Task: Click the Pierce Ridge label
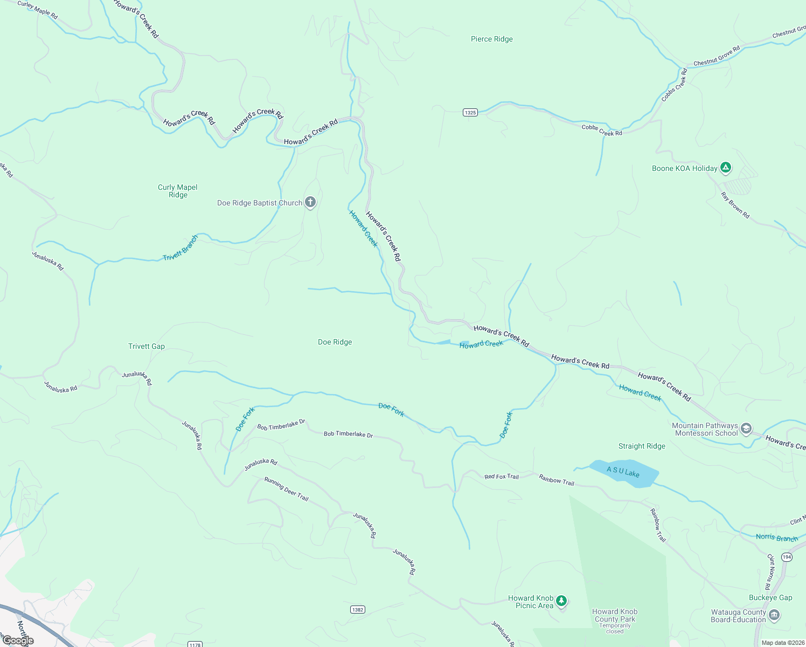click(491, 39)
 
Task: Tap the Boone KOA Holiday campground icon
click(726, 168)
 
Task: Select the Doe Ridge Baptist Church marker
click(310, 202)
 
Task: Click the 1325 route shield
click(470, 112)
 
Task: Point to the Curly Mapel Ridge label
click(178, 191)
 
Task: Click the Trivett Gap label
click(147, 346)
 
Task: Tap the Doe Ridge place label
click(335, 342)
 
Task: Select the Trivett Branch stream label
click(180, 248)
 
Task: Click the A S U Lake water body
click(623, 473)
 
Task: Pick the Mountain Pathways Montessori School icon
click(746, 429)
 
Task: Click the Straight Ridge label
click(642, 446)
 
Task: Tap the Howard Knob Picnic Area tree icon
click(561, 600)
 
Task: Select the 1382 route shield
click(357, 609)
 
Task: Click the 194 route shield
click(787, 557)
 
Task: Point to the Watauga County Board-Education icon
click(774, 615)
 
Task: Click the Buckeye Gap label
click(770, 597)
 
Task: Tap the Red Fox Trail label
click(501, 477)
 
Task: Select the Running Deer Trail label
click(286, 489)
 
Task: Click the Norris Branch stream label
click(776, 538)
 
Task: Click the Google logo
click(18, 641)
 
